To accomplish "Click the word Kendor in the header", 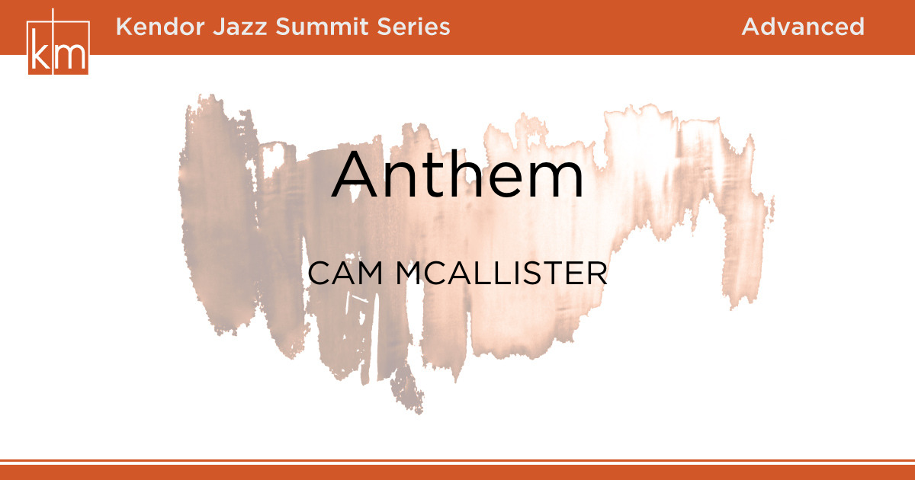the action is click(160, 27).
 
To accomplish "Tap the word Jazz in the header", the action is click(240, 27).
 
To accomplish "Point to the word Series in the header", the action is click(413, 27).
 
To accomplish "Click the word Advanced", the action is click(803, 27).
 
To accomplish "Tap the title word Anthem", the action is click(457, 174).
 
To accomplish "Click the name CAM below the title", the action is click(345, 274).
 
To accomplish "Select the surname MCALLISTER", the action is click(502, 274).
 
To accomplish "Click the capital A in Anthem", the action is click(355, 174).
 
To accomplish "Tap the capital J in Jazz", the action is click(220, 27).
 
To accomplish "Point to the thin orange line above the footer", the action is click(457, 460).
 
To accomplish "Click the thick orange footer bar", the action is click(457, 472).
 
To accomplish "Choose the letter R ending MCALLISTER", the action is click(599, 274).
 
